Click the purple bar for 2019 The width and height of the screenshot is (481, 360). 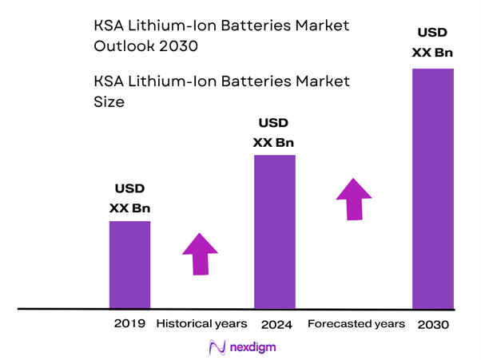[129, 263]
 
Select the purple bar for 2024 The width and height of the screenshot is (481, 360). [275, 231]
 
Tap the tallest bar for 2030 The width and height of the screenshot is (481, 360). [433, 188]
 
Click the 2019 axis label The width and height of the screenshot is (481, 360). [129, 324]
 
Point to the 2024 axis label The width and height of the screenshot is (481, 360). [276, 325]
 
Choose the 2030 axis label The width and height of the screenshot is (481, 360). [433, 325]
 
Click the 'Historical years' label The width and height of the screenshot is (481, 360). [202, 324]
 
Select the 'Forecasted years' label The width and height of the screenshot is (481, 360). [356, 324]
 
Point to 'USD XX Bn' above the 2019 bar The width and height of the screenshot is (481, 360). [129, 200]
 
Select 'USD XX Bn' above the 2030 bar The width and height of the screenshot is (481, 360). [433, 43]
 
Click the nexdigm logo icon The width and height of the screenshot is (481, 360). [216, 348]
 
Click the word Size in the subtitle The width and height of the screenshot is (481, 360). [109, 103]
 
